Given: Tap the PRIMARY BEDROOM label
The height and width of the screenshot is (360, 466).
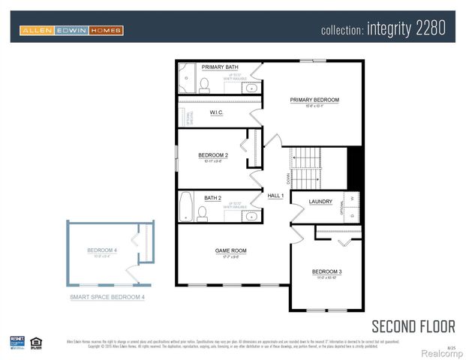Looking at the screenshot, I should pyautogui.click(x=315, y=100).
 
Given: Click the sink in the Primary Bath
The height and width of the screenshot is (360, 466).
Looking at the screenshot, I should pyautogui.click(x=251, y=88).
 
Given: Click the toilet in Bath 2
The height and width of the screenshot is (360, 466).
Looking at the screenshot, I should pyautogui.click(x=202, y=213).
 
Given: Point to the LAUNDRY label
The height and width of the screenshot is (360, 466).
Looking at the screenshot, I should pyautogui.click(x=320, y=202).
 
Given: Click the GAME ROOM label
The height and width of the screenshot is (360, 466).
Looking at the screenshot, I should pyautogui.click(x=231, y=251).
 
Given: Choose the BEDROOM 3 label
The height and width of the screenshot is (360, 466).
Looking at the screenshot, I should pyautogui.click(x=327, y=271).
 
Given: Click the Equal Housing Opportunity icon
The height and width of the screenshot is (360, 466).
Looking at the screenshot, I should pyautogui.click(x=35, y=342).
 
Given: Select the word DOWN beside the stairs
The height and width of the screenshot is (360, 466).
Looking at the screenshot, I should pyautogui.click(x=287, y=178).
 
